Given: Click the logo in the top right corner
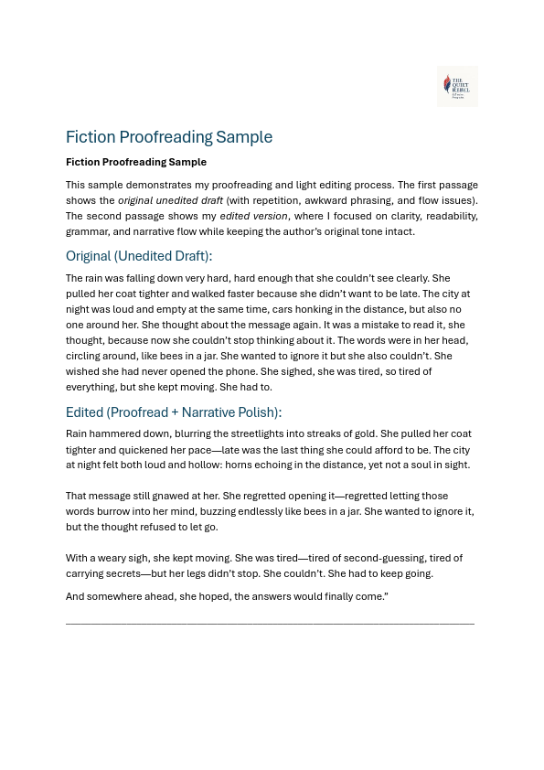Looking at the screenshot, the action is point(457,86).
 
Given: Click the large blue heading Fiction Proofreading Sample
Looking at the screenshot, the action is point(169,137).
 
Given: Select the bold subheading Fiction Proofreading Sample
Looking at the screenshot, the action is point(136,162).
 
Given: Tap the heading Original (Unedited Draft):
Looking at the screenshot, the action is point(139,256).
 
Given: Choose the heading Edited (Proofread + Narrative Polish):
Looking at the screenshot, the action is point(174,412).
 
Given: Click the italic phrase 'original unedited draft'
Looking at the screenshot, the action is point(170,200).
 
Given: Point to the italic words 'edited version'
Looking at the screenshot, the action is point(255,216).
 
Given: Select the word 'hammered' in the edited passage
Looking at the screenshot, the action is point(117,433).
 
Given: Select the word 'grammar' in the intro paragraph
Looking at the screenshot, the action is point(87,231).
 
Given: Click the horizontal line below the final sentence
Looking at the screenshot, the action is point(270,623).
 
